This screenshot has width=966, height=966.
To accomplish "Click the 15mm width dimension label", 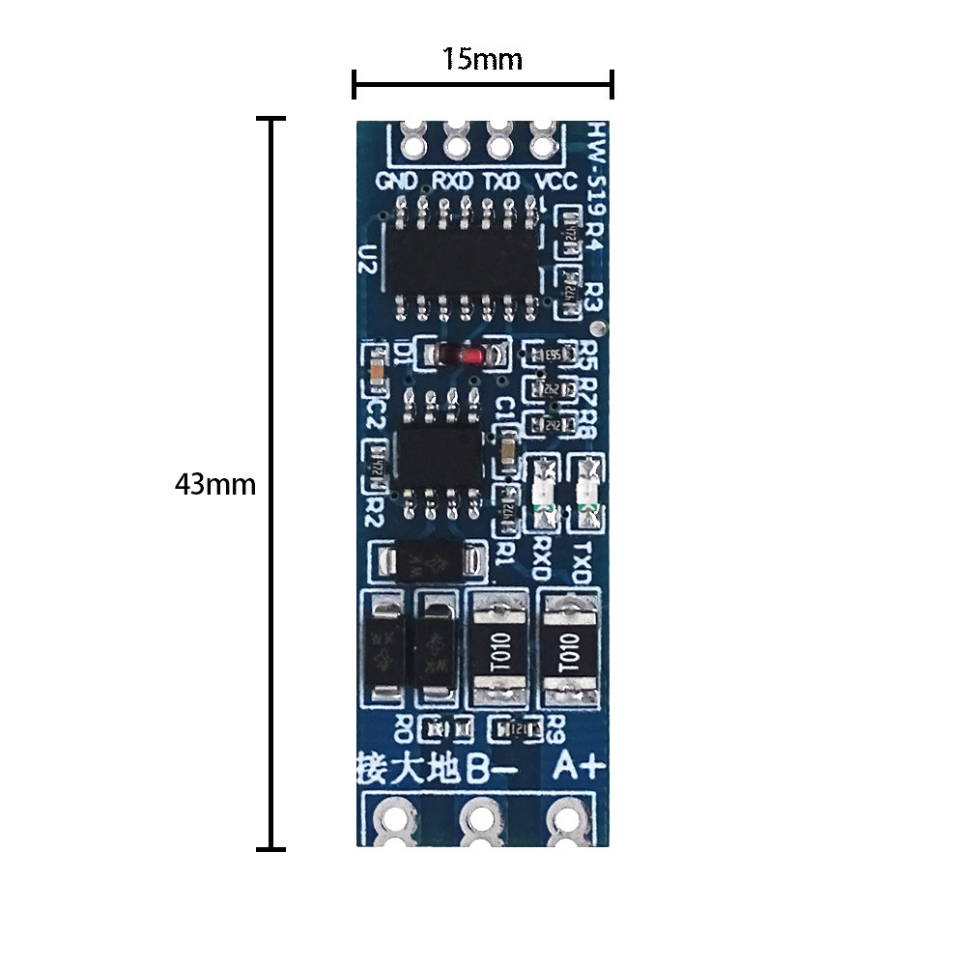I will pyautogui.click(x=482, y=59).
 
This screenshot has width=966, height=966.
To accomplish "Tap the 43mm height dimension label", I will pyautogui.click(x=214, y=484).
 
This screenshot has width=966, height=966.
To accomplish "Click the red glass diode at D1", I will pyautogui.click(x=463, y=355).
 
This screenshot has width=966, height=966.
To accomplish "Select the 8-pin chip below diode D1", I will pyautogui.click(x=440, y=452).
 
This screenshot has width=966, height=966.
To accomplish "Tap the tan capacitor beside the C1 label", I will pyautogui.click(x=507, y=451).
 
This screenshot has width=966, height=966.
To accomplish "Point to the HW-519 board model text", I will pyautogui.click(x=597, y=173).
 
